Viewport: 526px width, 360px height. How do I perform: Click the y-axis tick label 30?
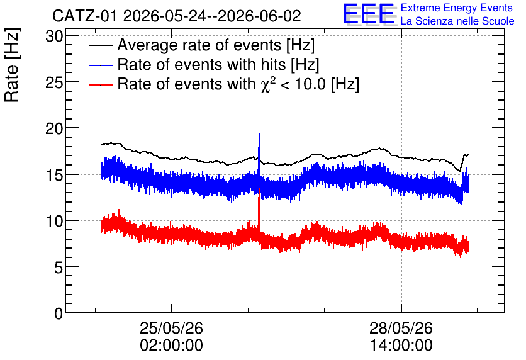54,37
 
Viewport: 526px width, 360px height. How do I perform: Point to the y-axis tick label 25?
54,82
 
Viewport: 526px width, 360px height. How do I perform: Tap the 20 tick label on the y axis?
54,128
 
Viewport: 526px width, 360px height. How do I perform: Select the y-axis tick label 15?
54,175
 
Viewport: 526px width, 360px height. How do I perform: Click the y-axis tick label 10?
54,221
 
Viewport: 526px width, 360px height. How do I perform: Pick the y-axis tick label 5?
59,267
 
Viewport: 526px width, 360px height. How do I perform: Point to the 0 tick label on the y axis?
59,313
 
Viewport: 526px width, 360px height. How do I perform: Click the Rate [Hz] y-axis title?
12,65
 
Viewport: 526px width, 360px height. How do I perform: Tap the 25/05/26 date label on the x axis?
171,328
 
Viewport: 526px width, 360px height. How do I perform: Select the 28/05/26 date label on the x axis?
401,328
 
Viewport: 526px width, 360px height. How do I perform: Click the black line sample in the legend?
101,45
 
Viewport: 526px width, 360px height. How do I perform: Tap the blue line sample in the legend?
101,65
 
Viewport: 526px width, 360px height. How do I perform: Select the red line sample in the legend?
101,84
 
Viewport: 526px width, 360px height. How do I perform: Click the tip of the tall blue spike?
259,134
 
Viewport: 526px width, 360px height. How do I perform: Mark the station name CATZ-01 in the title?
85,16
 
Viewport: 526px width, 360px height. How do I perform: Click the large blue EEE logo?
369,14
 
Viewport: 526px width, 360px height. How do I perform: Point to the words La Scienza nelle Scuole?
457,21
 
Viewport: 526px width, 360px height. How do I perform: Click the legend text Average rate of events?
199,45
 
